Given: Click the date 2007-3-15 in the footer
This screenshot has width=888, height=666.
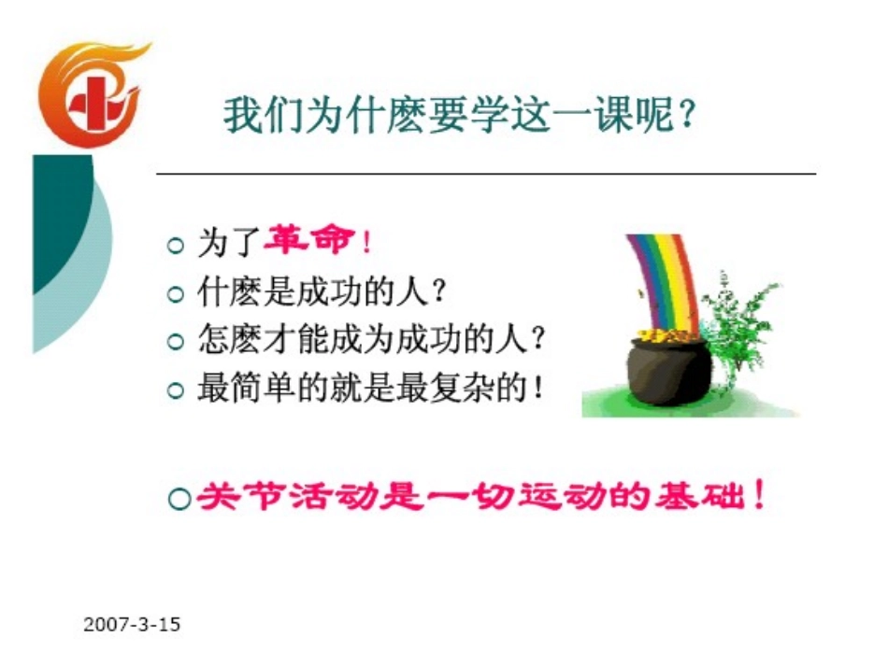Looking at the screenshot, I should tap(132, 624).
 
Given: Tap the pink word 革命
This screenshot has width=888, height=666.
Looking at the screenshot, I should tap(309, 243).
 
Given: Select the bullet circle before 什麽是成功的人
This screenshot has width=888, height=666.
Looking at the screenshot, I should tap(174, 294).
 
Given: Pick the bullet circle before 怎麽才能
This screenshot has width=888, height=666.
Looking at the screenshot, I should tap(174, 342).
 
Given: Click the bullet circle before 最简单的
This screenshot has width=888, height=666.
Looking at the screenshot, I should tap(174, 390).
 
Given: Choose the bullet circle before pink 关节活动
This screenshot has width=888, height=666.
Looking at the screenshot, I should tap(179, 499).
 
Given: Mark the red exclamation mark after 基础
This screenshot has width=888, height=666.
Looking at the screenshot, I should tap(759, 494).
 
